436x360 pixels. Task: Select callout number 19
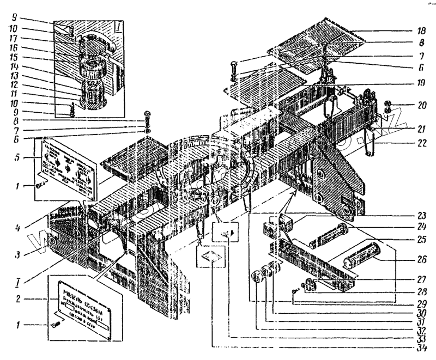[420, 84]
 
